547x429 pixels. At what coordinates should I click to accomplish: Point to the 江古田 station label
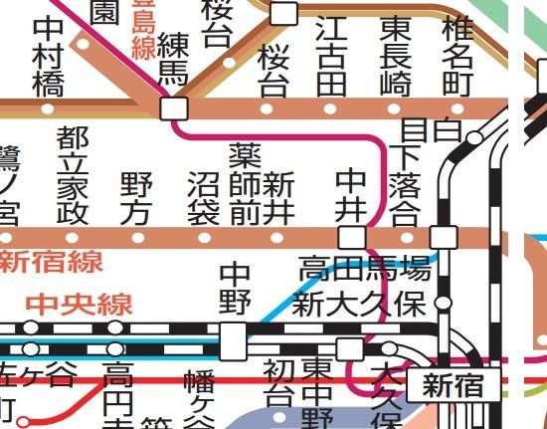point(331,56)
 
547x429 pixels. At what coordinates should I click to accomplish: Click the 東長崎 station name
point(395,56)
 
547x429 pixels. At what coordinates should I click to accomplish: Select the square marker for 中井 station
point(352,237)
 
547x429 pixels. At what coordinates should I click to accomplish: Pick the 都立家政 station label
point(72,176)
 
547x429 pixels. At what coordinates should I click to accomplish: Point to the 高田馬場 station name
point(365,267)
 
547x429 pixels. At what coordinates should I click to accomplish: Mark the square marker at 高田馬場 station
point(443,237)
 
